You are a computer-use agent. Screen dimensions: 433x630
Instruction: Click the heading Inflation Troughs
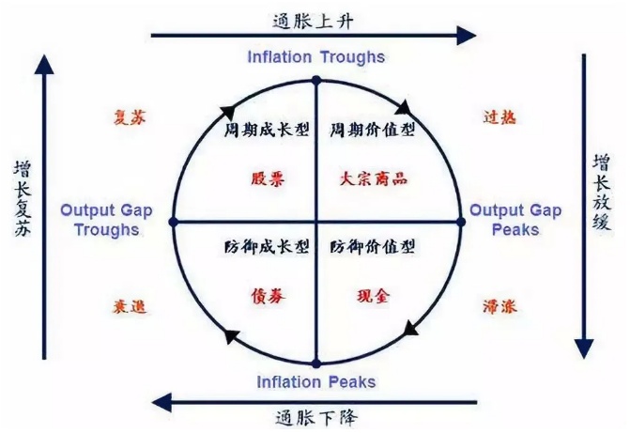click(315, 56)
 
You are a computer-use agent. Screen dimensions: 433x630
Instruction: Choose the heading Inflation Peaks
click(315, 381)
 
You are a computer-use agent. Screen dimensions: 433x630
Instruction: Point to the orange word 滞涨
click(499, 306)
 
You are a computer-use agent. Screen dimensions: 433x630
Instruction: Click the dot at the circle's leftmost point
click(173, 222)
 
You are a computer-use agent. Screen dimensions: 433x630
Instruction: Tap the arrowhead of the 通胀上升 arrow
click(468, 36)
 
